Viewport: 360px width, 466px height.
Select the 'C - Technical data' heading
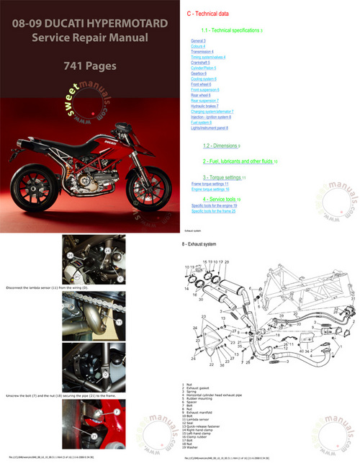(x=211, y=14)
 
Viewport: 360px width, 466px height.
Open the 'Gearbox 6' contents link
(x=194, y=73)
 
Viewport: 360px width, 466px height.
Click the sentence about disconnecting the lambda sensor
(x=47, y=287)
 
